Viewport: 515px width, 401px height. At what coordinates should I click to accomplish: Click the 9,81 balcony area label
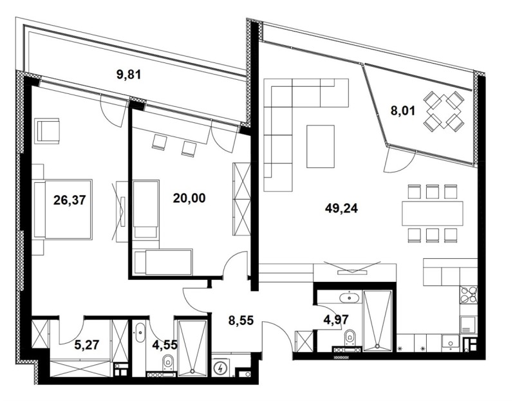[x=128, y=74]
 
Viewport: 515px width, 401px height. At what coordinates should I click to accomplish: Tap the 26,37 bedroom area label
[x=70, y=200]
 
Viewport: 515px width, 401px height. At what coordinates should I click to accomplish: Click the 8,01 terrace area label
[x=404, y=110]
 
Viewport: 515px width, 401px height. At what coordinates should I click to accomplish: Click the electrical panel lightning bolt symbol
[x=221, y=368]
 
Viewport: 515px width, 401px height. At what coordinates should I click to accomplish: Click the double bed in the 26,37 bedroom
[x=64, y=209]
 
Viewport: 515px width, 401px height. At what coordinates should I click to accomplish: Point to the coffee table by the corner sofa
[x=321, y=146]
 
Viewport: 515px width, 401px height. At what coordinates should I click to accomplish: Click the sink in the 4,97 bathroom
[x=351, y=298]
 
